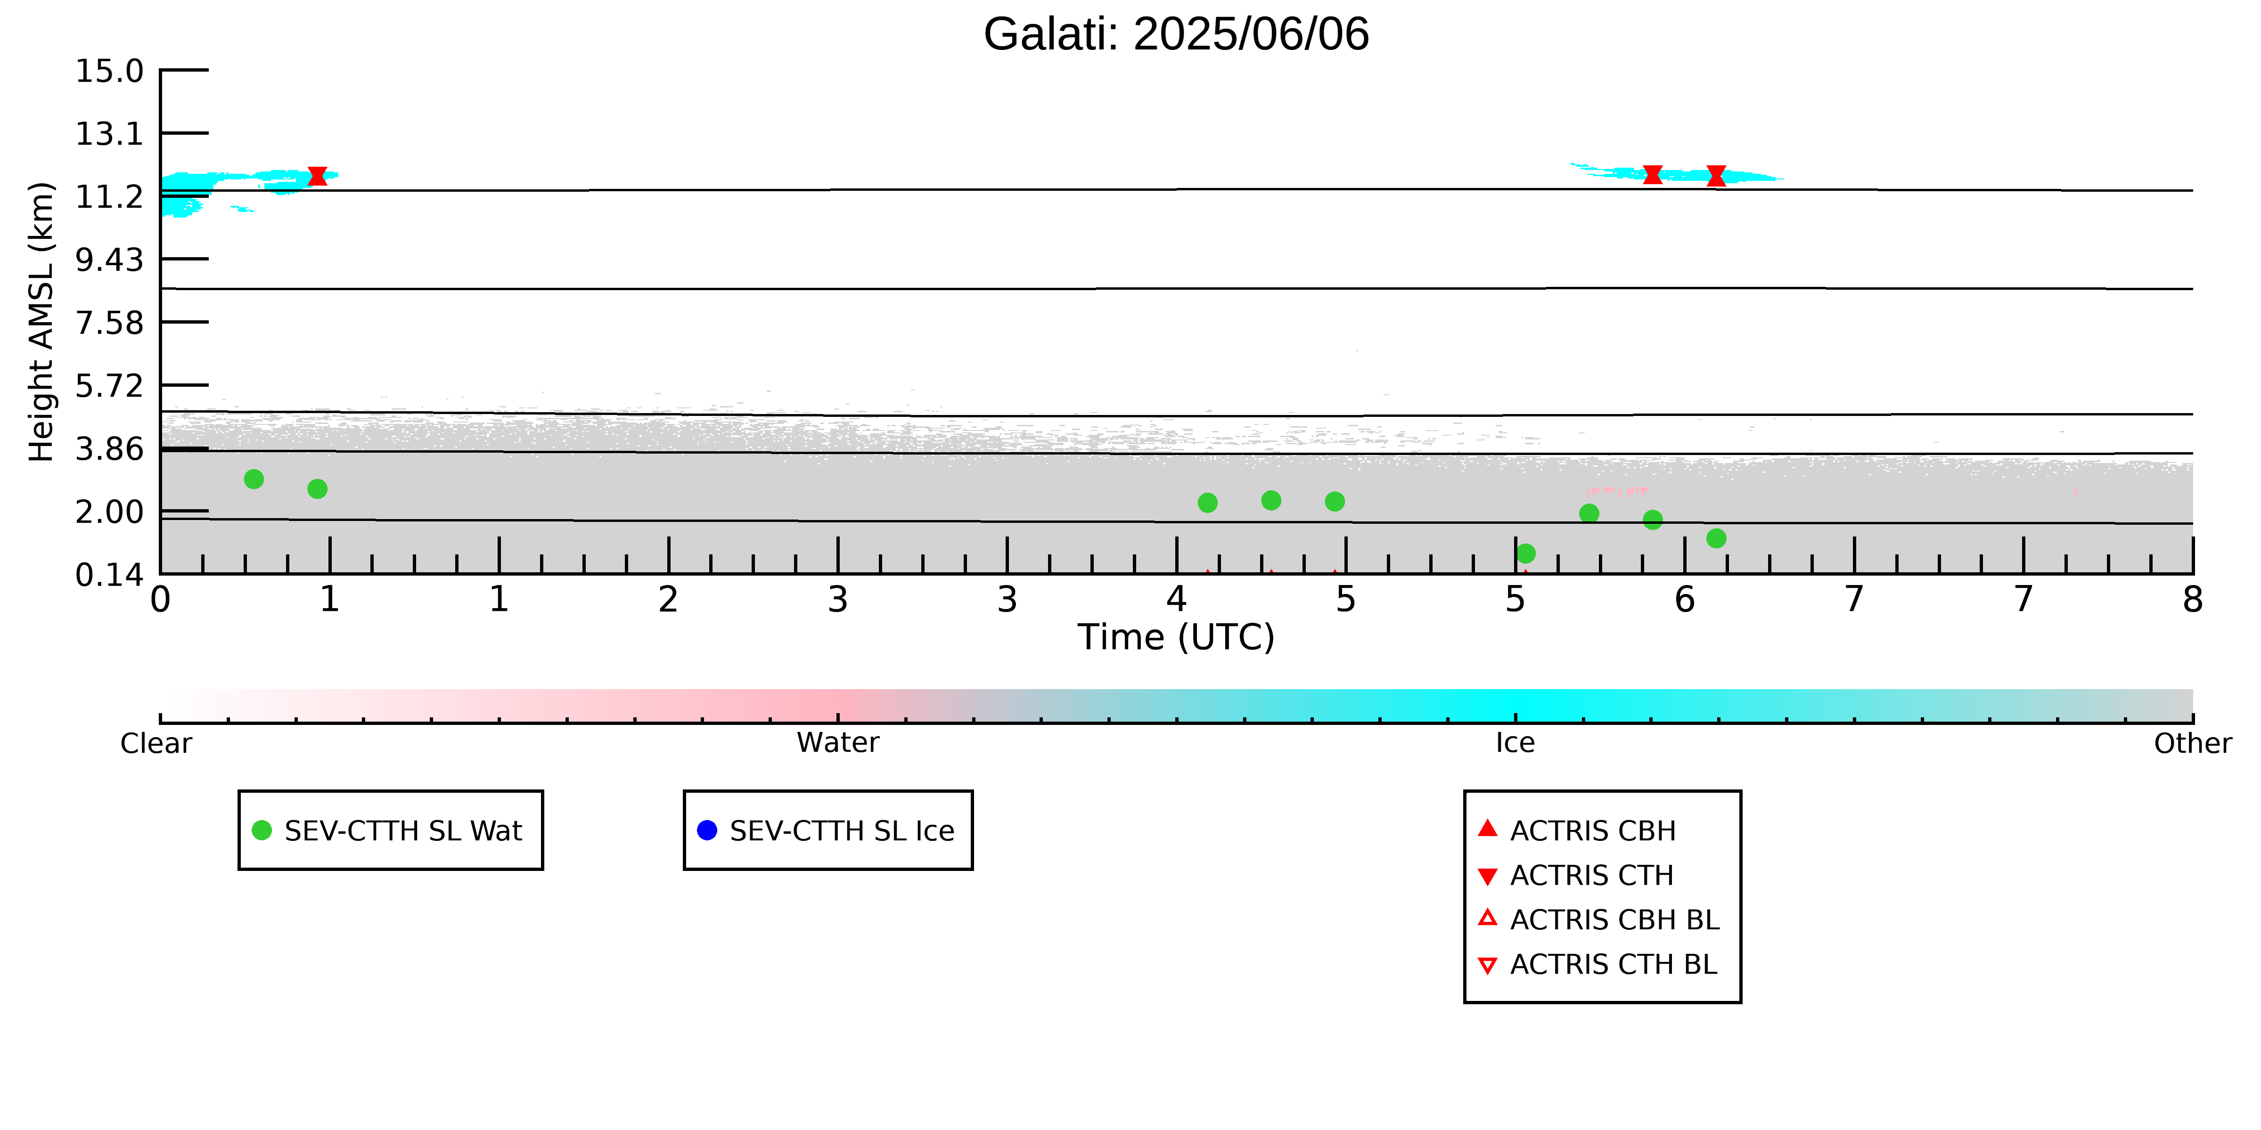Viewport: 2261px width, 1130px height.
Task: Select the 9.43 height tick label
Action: [x=109, y=260]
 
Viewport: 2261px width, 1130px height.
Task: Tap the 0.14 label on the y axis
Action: [x=109, y=575]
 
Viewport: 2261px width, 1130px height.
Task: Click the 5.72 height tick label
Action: [x=109, y=385]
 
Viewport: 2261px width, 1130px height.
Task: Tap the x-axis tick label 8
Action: [x=2193, y=600]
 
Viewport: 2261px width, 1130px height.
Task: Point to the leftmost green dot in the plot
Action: [x=254, y=479]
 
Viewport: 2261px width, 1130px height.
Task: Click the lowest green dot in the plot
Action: [x=1525, y=553]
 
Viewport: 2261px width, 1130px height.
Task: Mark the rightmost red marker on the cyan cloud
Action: [x=1716, y=176]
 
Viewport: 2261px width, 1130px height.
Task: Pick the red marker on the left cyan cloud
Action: [x=318, y=176]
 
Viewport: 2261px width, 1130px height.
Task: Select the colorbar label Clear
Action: [x=156, y=743]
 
